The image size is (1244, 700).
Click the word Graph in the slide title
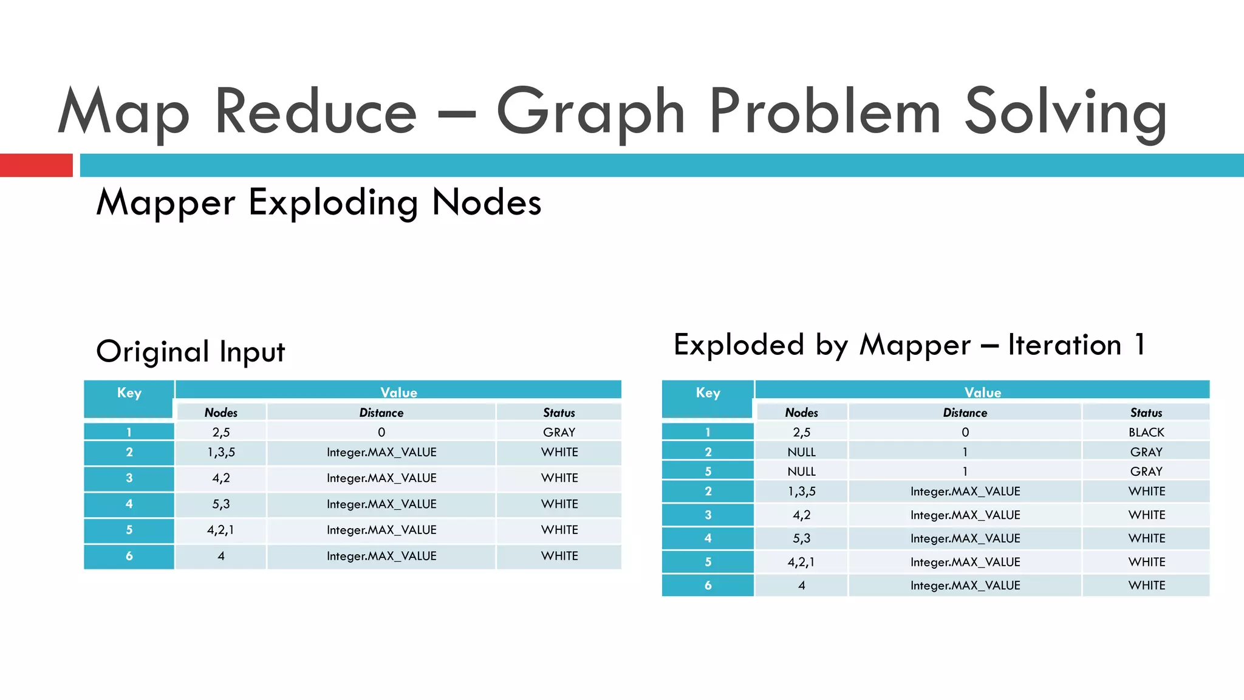(x=590, y=112)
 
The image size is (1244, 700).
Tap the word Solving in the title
(x=1065, y=112)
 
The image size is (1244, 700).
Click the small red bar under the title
(x=36, y=165)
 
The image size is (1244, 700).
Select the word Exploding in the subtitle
(x=333, y=203)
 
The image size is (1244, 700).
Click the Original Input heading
(x=190, y=352)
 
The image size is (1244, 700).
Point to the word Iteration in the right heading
(x=1064, y=345)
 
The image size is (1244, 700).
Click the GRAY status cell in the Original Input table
(x=559, y=432)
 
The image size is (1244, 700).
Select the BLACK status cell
(x=1146, y=432)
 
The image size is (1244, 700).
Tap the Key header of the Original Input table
(x=129, y=393)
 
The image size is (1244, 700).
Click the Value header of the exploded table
(x=982, y=392)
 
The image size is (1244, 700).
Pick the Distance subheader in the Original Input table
(x=381, y=413)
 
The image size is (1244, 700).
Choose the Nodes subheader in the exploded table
(x=801, y=413)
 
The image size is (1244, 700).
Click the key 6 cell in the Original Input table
(x=129, y=556)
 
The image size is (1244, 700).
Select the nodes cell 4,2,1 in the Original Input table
(x=220, y=530)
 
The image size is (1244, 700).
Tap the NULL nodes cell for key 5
(x=801, y=472)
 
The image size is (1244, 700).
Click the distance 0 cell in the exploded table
(x=965, y=432)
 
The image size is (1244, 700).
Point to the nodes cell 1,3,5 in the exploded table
(x=801, y=491)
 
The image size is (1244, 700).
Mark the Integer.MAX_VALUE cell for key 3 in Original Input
(x=381, y=478)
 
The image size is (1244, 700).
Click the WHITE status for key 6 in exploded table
(x=1146, y=585)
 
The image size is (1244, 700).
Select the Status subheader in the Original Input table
(x=559, y=413)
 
